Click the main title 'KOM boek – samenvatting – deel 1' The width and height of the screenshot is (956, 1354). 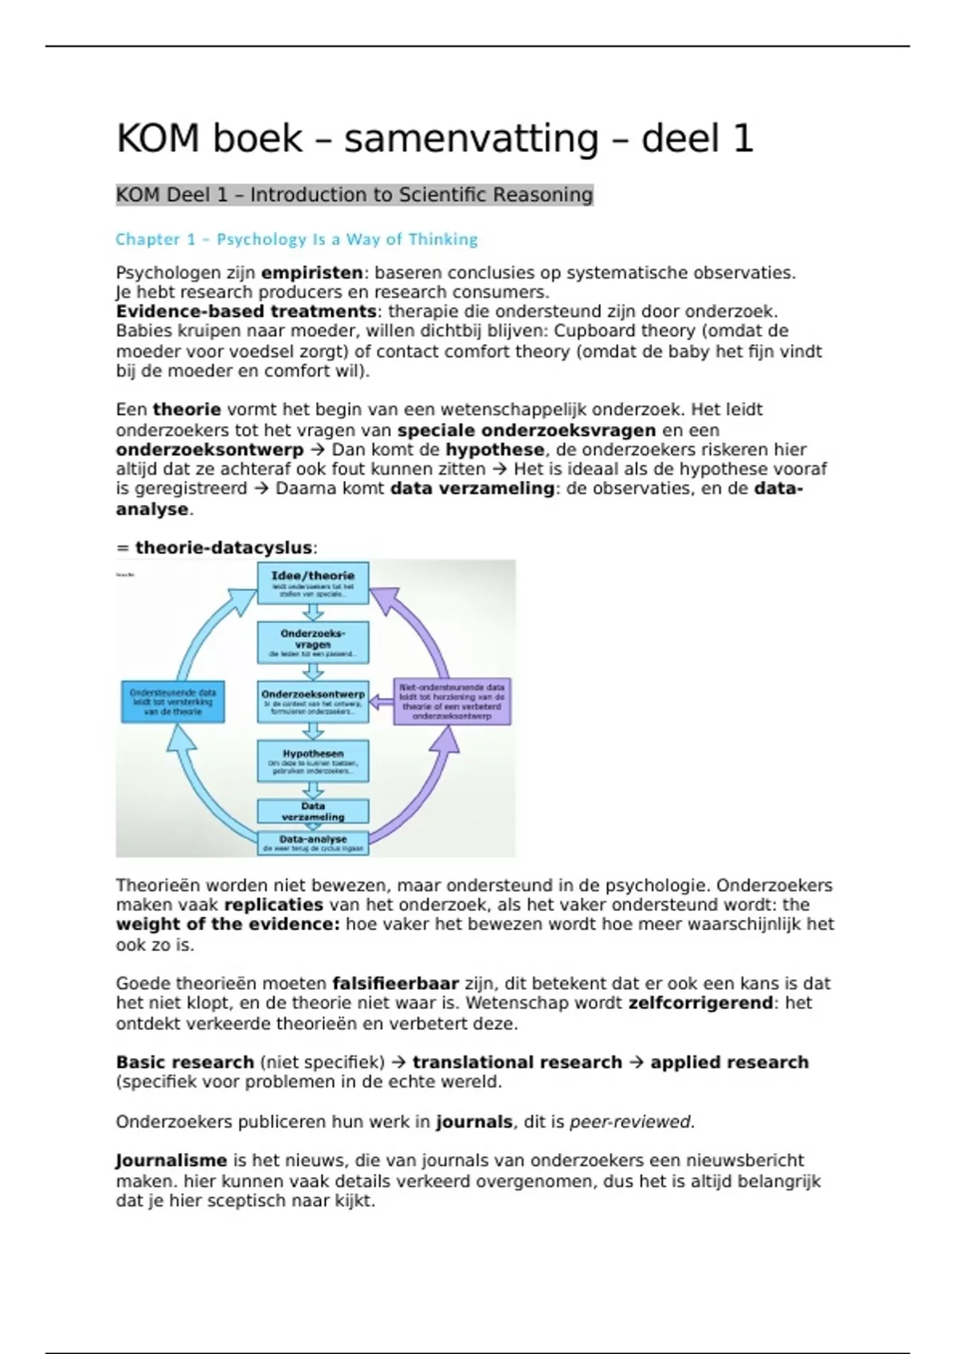click(434, 139)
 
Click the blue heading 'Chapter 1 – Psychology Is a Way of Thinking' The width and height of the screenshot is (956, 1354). click(296, 239)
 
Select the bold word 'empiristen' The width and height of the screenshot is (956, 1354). click(311, 273)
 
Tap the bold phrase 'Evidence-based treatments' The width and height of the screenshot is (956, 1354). click(246, 311)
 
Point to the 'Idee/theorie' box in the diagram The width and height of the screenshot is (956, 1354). click(313, 582)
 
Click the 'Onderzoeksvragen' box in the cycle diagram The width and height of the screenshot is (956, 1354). click(313, 642)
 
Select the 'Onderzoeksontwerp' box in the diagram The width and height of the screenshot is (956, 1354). click(313, 701)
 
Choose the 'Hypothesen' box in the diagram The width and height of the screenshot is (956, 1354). click(313, 761)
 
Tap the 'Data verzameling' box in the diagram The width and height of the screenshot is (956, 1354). click(313, 812)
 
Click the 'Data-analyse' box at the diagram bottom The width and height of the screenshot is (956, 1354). click(313, 843)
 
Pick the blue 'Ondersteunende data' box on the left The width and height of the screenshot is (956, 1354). click(173, 702)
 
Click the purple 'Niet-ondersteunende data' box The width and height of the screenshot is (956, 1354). click(452, 701)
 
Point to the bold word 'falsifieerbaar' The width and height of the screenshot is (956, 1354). click(395, 984)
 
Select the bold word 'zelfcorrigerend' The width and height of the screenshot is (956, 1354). click(700, 1003)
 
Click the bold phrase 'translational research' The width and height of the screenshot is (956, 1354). click(517, 1062)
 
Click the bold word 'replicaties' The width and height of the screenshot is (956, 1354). click(273, 905)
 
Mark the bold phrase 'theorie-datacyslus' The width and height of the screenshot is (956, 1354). click(223, 548)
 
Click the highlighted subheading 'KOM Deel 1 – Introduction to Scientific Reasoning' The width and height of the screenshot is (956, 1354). click(355, 195)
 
